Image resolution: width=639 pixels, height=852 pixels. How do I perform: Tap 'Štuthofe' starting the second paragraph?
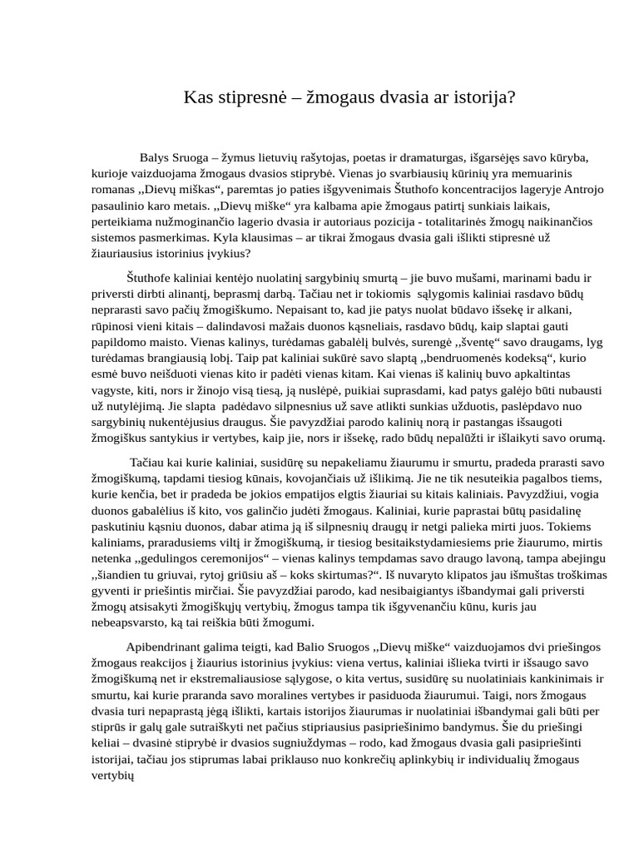[x=149, y=277]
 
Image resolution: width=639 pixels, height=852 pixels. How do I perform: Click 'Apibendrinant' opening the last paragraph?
[x=163, y=646]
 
